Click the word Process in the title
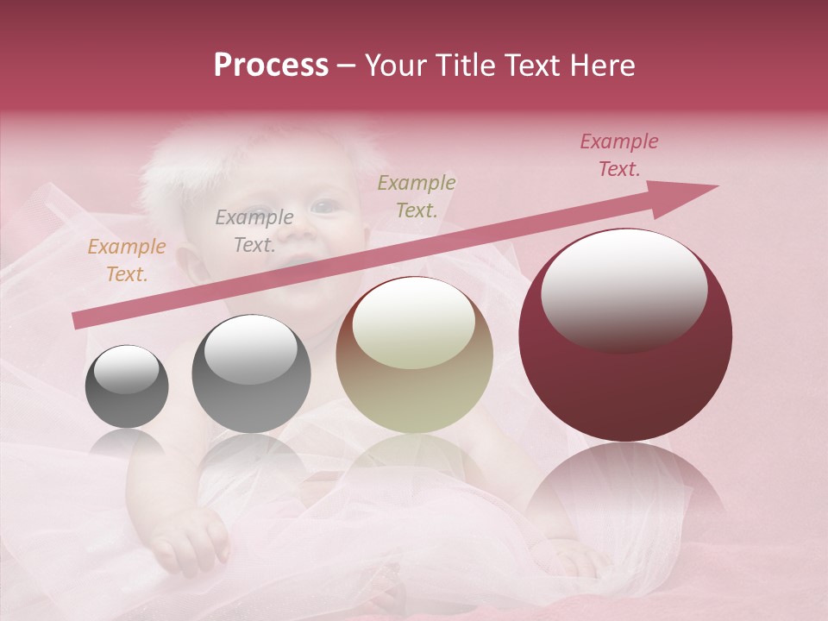[271, 66]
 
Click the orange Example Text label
[127, 260]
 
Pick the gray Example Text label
[254, 231]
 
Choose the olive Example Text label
[417, 196]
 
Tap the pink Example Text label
[618, 155]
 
